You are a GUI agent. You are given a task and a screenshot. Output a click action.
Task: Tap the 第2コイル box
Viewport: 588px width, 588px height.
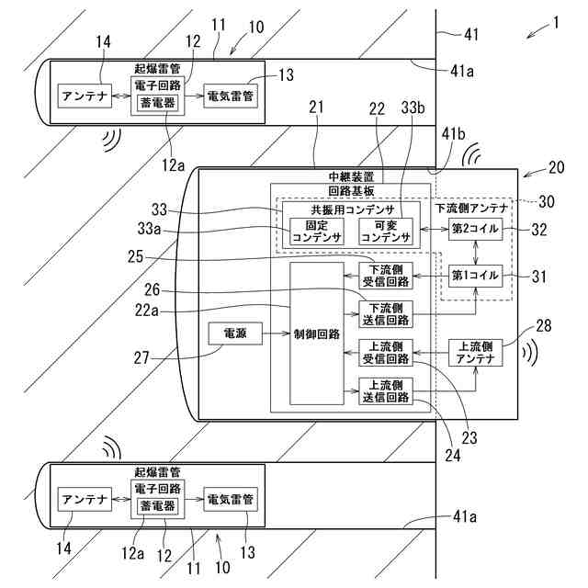pyautogui.click(x=474, y=229)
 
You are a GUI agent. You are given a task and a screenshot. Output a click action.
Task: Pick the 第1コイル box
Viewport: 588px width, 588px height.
pyautogui.click(x=474, y=275)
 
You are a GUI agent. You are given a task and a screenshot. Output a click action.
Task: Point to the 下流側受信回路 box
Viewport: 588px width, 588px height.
pyautogui.click(x=384, y=275)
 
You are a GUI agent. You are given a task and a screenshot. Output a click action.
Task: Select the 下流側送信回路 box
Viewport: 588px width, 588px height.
pyautogui.click(x=384, y=313)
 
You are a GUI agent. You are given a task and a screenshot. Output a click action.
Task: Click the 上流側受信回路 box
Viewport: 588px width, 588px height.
pyautogui.click(x=384, y=353)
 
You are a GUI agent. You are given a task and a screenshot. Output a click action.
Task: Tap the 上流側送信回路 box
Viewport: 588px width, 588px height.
pyautogui.click(x=384, y=390)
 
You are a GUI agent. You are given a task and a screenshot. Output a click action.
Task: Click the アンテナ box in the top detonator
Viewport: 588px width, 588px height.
pyautogui.click(x=84, y=95)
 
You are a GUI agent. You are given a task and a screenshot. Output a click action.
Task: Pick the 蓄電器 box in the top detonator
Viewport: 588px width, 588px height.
pyautogui.click(x=157, y=103)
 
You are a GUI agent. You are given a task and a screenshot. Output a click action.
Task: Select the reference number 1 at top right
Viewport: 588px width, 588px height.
pyautogui.click(x=554, y=22)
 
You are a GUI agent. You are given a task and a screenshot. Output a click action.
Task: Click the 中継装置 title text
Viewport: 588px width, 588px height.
pyautogui.click(x=351, y=175)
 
